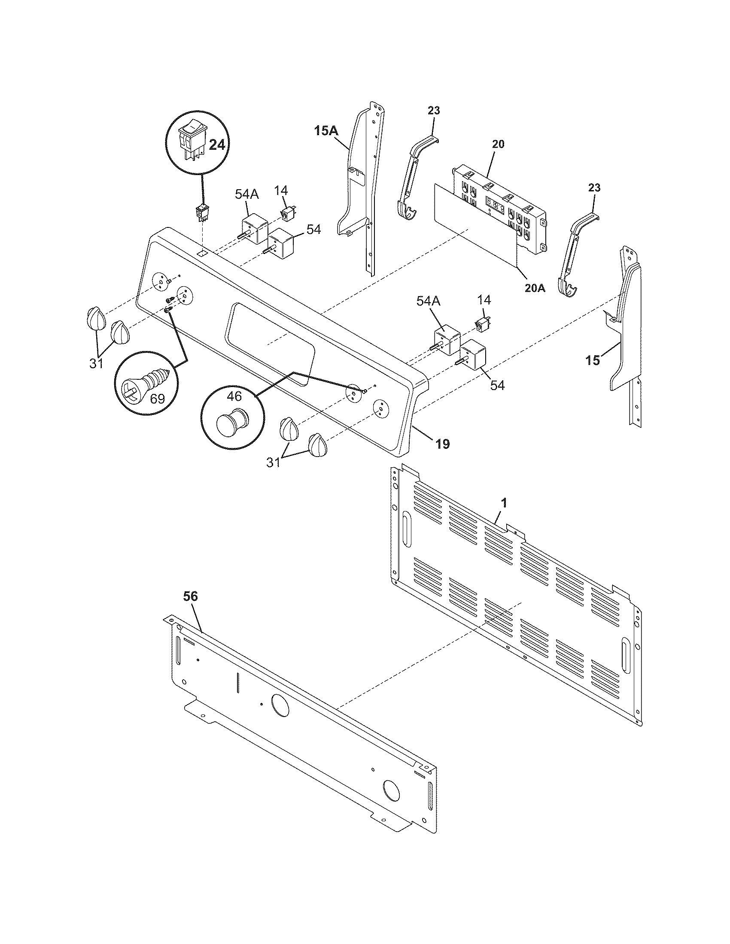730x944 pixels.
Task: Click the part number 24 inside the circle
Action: click(x=217, y=145)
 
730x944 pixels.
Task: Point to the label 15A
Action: click(x=326, y=131)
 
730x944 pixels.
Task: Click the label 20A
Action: click(x=535, y=287)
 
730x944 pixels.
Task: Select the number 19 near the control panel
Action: click(x=442, y=444)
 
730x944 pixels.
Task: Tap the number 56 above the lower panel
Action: click(x=190, y=596)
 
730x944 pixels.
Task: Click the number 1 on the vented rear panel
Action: click(x=503, y=504)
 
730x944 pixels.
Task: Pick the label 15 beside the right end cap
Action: click(x=593, y=360)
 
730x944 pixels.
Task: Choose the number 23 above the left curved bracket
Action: click(x=434, y=111)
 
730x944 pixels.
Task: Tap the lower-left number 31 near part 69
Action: click(x=96, y=364)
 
